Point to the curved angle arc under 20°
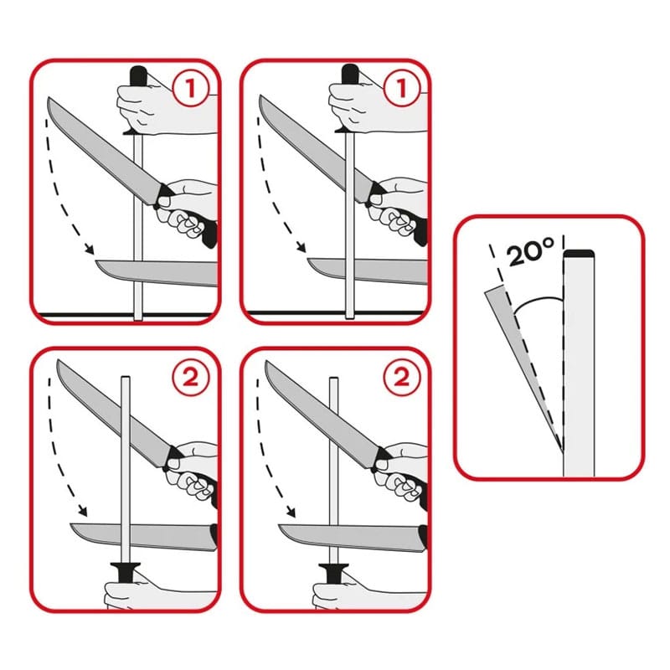coord(535,301)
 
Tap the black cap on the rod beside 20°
coord(579,254)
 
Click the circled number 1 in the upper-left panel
coord(190,89)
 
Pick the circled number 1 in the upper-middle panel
coord(401,89)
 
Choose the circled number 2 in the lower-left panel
coord(191,377)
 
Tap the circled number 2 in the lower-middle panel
coord(402,377)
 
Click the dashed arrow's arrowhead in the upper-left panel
coord(89,248)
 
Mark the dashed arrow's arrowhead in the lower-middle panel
coord(291,511)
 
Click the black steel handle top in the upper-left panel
coord(138,75)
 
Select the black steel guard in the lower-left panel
coord(125,572)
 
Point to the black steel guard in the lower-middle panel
coord(333,572)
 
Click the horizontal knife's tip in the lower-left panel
coord(71,525)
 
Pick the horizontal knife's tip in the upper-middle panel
coord(308,260)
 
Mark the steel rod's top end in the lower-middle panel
coord(333,379)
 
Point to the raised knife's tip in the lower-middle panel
coord(266,363)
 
